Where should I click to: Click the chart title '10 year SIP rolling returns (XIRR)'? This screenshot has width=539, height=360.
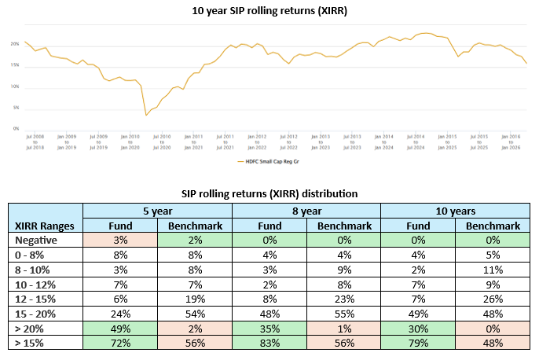point(269,11)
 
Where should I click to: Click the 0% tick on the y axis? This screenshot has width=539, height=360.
point(16,128)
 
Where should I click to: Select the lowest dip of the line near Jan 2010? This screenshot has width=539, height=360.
point(146,116)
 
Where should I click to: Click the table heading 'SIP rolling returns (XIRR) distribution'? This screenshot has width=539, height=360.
point(269,193)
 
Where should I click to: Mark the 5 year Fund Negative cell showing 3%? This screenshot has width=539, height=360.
point(120,240)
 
